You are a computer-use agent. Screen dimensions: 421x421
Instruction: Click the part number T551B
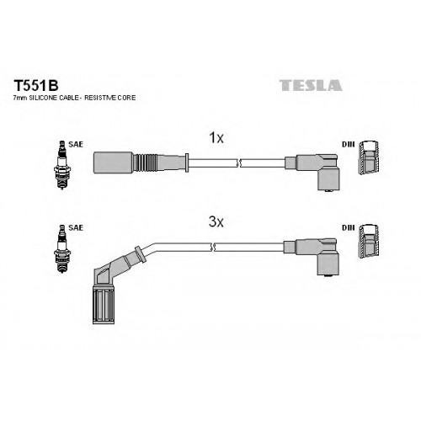coord(36,85)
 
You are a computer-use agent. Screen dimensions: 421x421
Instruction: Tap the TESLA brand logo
coord(311,85)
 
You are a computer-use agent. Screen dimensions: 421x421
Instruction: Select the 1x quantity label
coord(216,138)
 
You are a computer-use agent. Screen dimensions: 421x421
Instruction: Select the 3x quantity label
coord(216,222)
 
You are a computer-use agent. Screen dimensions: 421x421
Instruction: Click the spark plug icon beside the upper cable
coord(62,165)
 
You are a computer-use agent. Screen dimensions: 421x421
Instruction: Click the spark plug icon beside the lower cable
coord(62,248)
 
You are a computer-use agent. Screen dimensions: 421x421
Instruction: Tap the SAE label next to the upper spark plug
coord(76,144)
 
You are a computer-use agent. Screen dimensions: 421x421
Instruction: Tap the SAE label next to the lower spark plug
coord(76,227)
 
